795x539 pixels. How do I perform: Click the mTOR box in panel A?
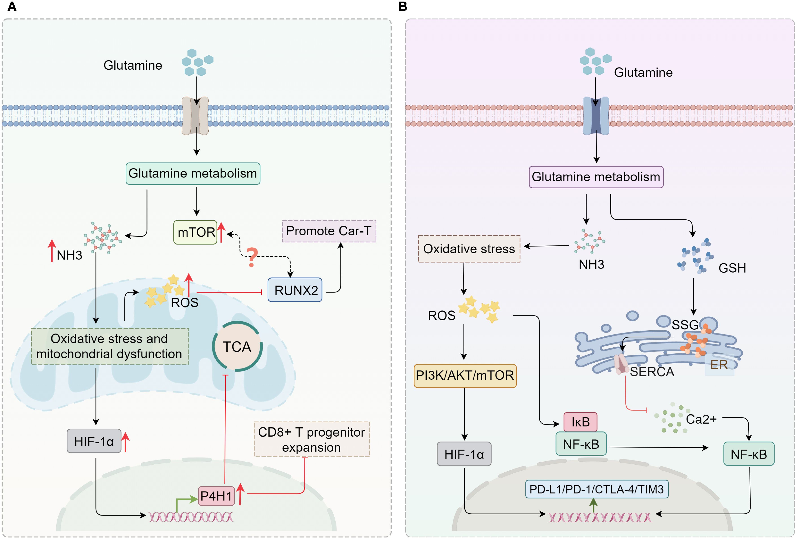click(195, 232)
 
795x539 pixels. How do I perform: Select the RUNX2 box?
click(295, 290)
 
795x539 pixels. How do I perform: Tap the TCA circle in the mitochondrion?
click(237, 346)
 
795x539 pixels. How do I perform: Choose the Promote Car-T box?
click(329, 231)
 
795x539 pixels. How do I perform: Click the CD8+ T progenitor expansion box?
click(312, 439)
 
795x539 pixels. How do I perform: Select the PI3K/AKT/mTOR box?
click(465, 376)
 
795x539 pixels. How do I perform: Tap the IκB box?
click(581, 422)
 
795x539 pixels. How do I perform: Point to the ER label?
click(719, 365)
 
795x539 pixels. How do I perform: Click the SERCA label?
click(652, 372)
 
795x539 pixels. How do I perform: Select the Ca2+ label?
click(701, 419)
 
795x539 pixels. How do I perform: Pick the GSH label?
click(732, 268)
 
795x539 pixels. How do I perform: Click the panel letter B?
click(403, 6)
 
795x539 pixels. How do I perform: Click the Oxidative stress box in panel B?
click(469, 249)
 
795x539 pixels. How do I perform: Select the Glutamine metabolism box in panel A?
click(193, 174)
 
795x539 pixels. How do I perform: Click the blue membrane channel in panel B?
click(596, 115)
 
